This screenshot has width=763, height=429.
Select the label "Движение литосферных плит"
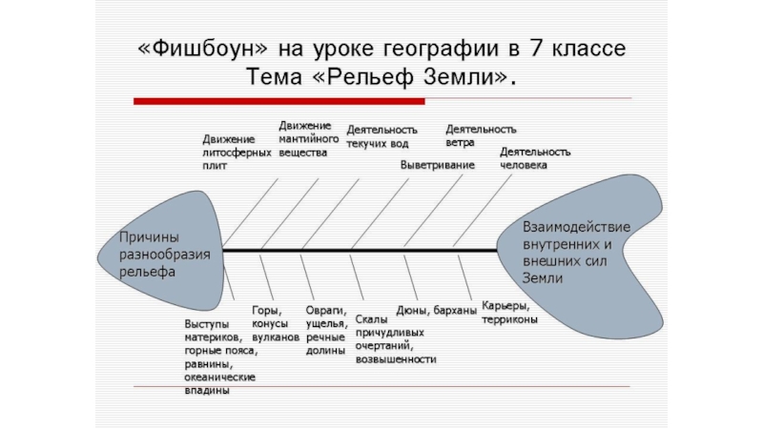pos(230,151)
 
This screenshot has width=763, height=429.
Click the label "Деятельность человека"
pos(535,157)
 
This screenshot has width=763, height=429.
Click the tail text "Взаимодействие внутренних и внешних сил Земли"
pos(576,253)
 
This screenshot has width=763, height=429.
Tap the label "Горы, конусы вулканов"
pos(275,324)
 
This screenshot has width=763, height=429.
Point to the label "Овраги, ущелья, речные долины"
pos(325,330)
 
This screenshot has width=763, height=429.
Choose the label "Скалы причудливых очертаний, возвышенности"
pos(395,339)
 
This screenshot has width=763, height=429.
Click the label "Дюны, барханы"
pos(436,311)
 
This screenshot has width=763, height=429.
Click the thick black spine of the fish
pos(362,250)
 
